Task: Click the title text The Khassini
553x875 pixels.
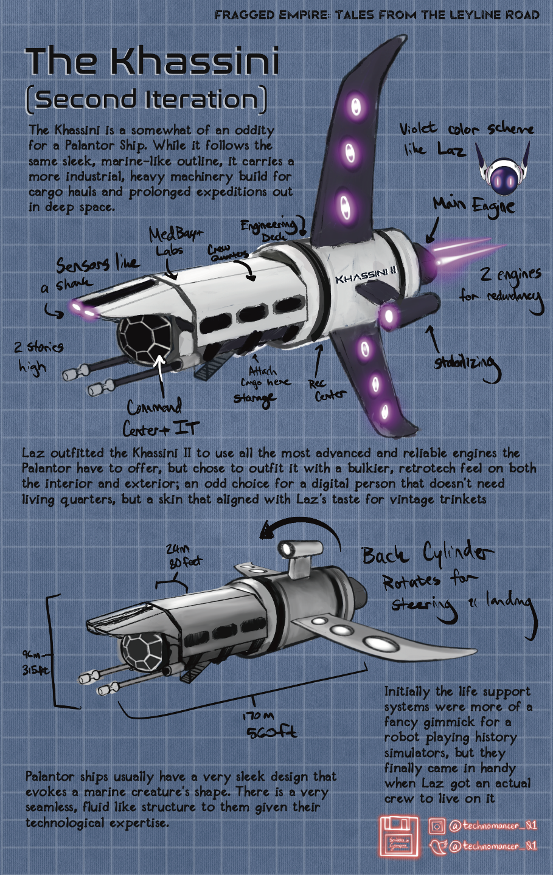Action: coord(152,62)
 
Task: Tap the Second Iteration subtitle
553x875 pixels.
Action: coord(146,100)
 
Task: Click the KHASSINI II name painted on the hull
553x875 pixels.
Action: coord(366,277)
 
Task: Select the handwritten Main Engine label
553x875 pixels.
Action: coord(474,206)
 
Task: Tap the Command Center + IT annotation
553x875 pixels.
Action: coord(159,418)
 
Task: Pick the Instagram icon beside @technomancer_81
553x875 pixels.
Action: coord(436,826)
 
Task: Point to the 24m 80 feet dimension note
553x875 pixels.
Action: coord(184,556)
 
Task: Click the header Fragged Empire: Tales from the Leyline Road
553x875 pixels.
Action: coord(377,14)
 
